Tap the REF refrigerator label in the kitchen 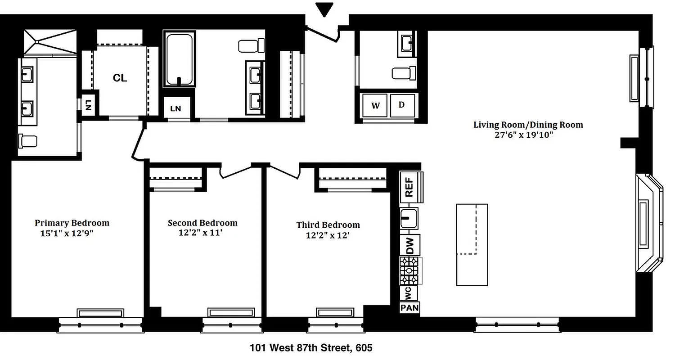click(409, 187)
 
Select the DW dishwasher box click(409, 245)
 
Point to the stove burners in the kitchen click(409, 271)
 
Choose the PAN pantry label click(409, 308)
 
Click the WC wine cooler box click(409, 293)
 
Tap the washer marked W click(375, 105)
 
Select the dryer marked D click(402, 105)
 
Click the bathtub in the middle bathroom click(180, 59)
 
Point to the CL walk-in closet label click(120, 78)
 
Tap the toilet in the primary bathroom click(27, 141)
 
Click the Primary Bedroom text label click(72, 223)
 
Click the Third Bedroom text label click(328, 225)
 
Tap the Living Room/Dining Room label click(528, 125)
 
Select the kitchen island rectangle click(472, 244)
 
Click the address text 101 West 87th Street click(301, 348)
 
